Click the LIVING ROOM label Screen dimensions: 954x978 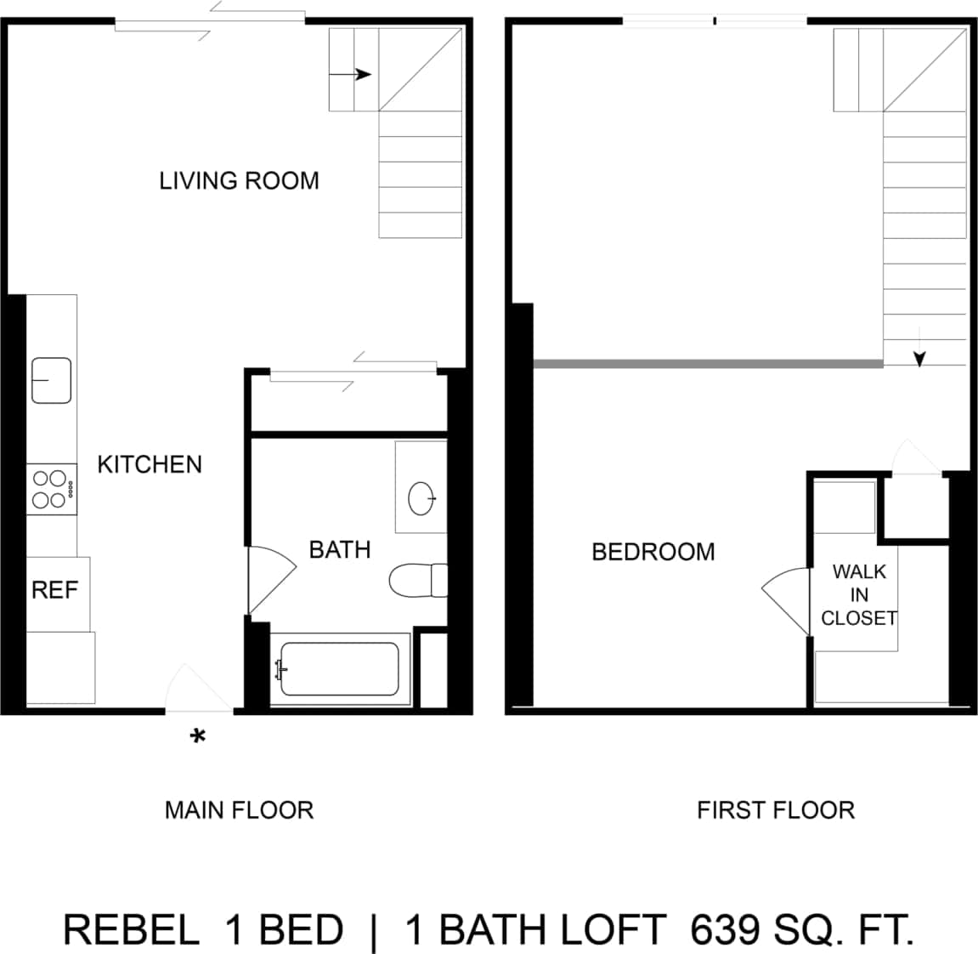(x=239, y=180)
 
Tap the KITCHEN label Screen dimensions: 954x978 (x=150, y=464)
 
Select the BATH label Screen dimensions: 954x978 (x=339, y=550)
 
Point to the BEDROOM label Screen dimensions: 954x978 (x=653, y=552)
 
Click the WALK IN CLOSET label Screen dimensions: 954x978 (x=859, y=594)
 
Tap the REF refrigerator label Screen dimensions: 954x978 (x=54, y=589)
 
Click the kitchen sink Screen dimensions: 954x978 (x=51, y=380)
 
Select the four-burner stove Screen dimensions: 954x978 (x=51, y=490)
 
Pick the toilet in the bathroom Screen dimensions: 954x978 (x=417, y=581)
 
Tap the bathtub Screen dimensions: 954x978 (x=340, y=669)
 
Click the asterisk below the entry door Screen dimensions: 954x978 (x=198, y=737)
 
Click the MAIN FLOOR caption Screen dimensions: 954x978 (x=239, y=810)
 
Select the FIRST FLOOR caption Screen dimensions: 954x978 (x=776, y=810)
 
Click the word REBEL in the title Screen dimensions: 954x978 (x=132, y=930)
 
